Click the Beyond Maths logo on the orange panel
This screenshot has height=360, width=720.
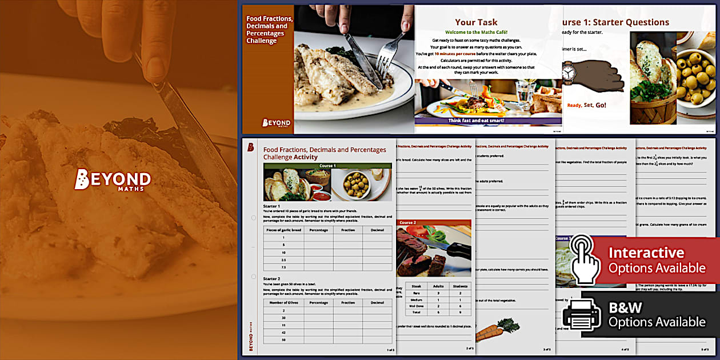(x=113, y=179)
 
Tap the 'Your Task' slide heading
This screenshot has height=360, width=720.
(x=476, y=22)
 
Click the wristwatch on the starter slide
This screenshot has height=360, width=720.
(x=569, y=73)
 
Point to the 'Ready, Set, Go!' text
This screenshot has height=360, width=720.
(x=586, y=105)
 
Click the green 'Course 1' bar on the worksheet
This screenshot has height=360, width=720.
(x=327, y=166)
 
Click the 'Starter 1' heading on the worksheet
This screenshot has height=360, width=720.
(x=271, y=206)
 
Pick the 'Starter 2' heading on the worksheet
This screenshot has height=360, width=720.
(x=271, y=278)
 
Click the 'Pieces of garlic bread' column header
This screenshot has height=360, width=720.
(x=283, y=230)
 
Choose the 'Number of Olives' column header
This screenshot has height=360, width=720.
(x=283, y=302)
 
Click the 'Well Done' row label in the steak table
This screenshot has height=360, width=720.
(x=415, y=306)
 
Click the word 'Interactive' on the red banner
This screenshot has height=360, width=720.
(x=646, y=253)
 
